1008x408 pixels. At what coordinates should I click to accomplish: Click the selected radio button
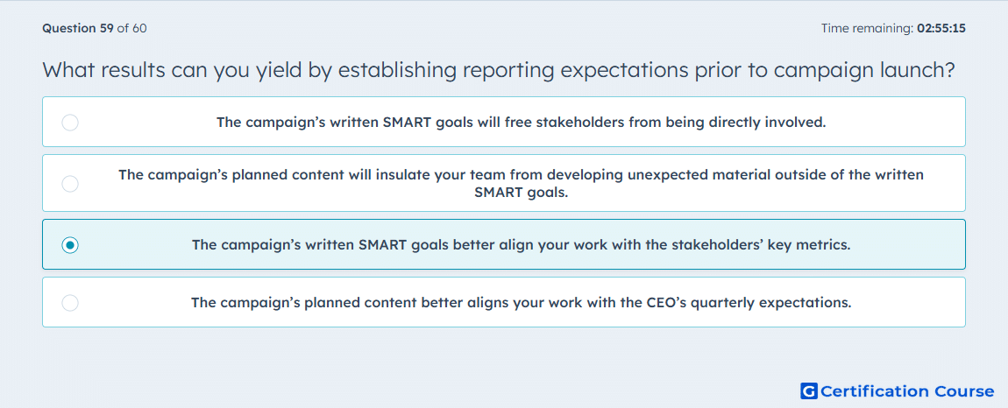pos(70,245)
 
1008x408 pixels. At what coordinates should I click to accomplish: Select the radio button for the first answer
pos(70,122)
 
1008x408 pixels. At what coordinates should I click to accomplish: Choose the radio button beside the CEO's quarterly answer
pos(70,303)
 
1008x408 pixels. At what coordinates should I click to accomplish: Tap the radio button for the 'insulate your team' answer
pos(70,184)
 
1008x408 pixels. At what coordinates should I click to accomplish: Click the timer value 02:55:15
pos(941,28)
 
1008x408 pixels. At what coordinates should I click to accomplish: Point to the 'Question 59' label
pos(78,28)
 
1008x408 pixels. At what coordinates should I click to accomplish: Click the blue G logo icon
pos(809,390)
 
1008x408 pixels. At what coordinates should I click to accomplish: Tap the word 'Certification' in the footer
pos(874,390)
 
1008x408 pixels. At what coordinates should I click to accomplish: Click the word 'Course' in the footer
pos(962,390)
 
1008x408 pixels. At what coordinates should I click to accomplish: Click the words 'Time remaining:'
pos(867,28)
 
